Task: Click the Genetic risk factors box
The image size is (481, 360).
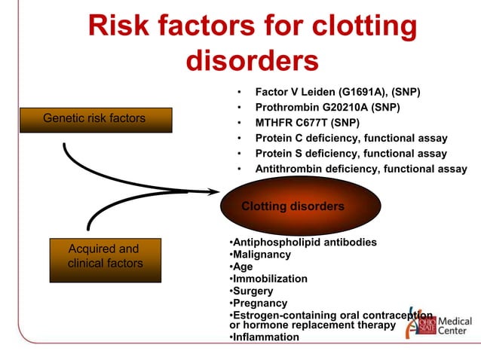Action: pyautogui.click(x=94, y=120)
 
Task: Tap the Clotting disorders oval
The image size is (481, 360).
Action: pyautogui.click(x=293, y=206)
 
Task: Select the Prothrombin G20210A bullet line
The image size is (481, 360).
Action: pyautogui.click(x=326, y=107)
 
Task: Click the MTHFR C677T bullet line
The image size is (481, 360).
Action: pyautogui.click(x=307, y=123)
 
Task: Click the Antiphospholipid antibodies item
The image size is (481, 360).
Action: pyautogui.click(x=303, y=243)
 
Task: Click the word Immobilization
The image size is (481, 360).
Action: pyautogui.click(x=269, y=279)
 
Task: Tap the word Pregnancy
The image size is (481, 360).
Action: pyautogui.click(x=259, y=303)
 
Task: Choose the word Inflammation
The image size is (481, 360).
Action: pyautogui.click(x=265, y=337)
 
